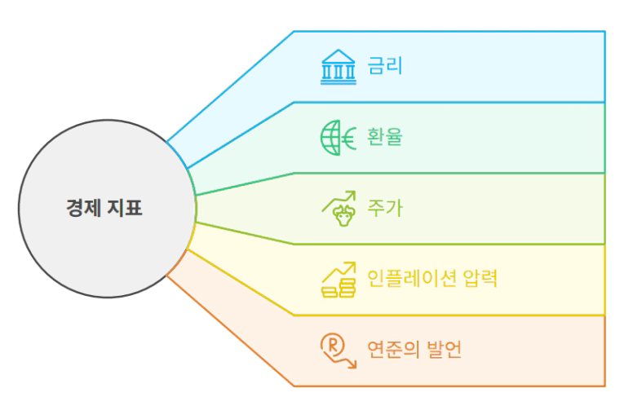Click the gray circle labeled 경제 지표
(x=107, y=209)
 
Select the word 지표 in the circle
(x=125, y=208)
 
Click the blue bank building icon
(x=339, y=67)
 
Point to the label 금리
(x=385, y=66)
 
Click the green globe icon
(x=330, y=138)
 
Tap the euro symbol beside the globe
(x=349, y=139)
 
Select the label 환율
(x=385, y=137)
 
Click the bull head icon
(x=343, y=216)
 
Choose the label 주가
(x=385, y=208)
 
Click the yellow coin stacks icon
(x=339, y=288)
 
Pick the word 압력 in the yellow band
(x=480, y=278)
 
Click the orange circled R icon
(x=333, y=345)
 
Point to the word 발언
(x=444, y=349)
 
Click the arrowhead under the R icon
(x=353, y=364)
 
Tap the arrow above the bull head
(x=339, y=201)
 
